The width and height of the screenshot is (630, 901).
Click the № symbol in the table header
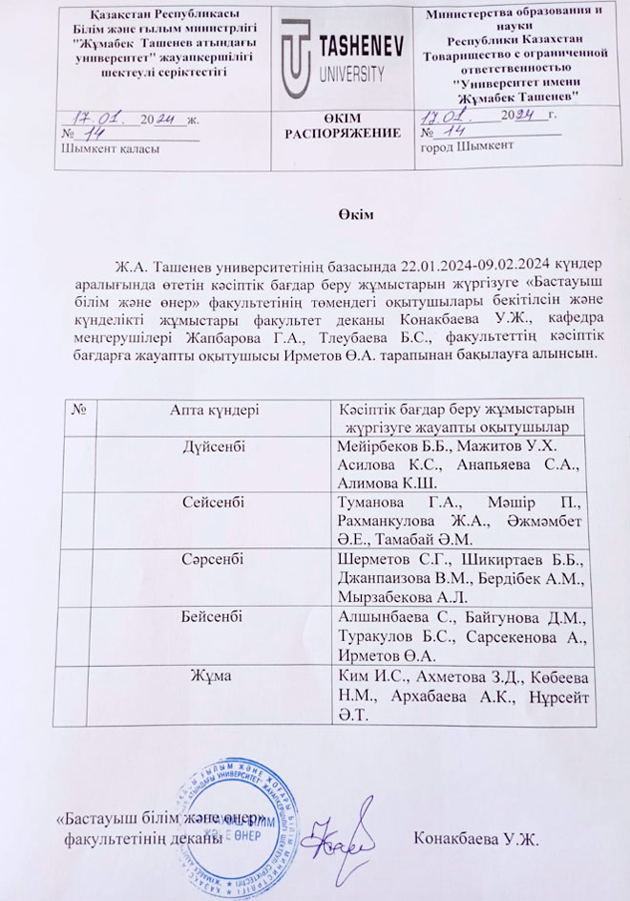[79, 408]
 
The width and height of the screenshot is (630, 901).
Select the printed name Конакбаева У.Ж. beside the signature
[476, 840]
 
